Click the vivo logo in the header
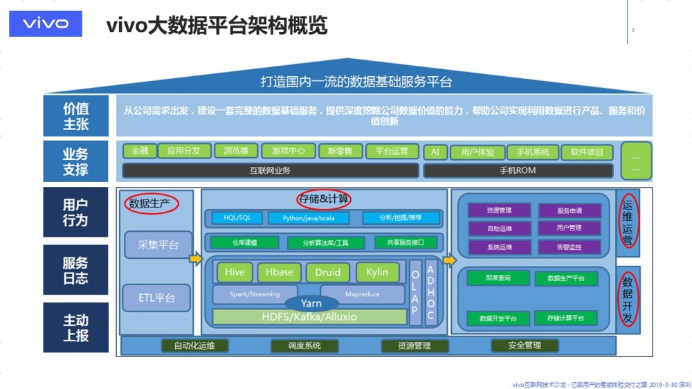tap(46, 24)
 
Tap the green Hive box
tap(235, 273)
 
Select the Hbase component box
tap(280, 273)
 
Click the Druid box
tap(328, 273)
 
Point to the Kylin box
tap(378, 273)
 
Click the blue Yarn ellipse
tap(311, 303)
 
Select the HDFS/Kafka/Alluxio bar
tap(309, 317)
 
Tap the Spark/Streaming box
tap(255, 294)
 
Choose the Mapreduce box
tap(363, 294)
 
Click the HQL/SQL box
tap(237, 218)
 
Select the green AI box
tap(435, 152)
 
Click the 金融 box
tap(139, 151)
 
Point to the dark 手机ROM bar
tap(518, 170)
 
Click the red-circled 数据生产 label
tap(151, 203)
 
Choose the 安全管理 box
tap(525, 345)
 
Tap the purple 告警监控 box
tap(569, 247)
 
